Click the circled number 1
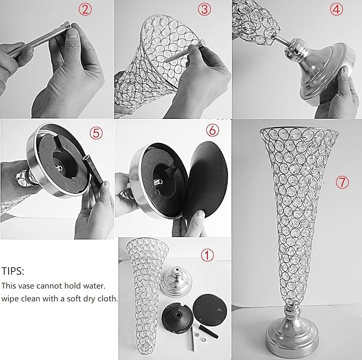point(207,255)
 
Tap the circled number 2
point(85,10)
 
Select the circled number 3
point(204,10)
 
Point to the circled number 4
point(336,10)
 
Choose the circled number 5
point(96,133)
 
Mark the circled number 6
point(212,130)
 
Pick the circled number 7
point(342,183)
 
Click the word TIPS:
point(13,271)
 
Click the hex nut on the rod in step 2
point(68,25)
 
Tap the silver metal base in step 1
point(176,281)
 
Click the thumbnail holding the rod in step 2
point(73,32)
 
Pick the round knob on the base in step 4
point(296,50)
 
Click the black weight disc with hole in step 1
point(177,318)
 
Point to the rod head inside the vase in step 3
point(203,43)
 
